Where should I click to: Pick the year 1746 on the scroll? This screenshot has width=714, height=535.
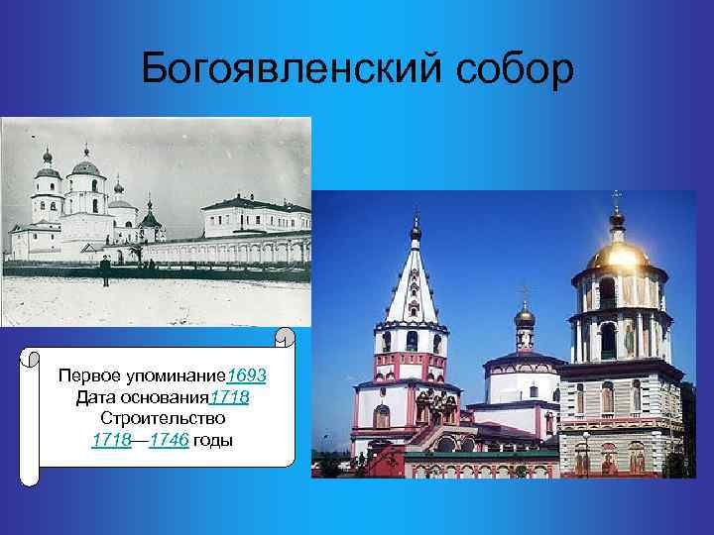pos(170,440)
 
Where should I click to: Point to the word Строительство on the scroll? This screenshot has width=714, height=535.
pos(161,419)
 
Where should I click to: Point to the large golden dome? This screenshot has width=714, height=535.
pos(617,254)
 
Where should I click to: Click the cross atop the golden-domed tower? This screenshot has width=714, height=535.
pos(616,199)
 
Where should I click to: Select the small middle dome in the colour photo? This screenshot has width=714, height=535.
pos(525,317)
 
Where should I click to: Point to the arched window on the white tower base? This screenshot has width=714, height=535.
pos(382,416)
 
